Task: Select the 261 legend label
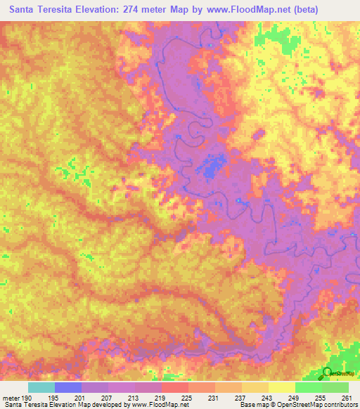coord(345,397)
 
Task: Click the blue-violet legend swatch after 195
coord(67,387)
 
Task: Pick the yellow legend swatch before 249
coord(281,387)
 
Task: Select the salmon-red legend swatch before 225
coord(174,387)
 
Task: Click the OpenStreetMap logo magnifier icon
coord(328,372)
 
